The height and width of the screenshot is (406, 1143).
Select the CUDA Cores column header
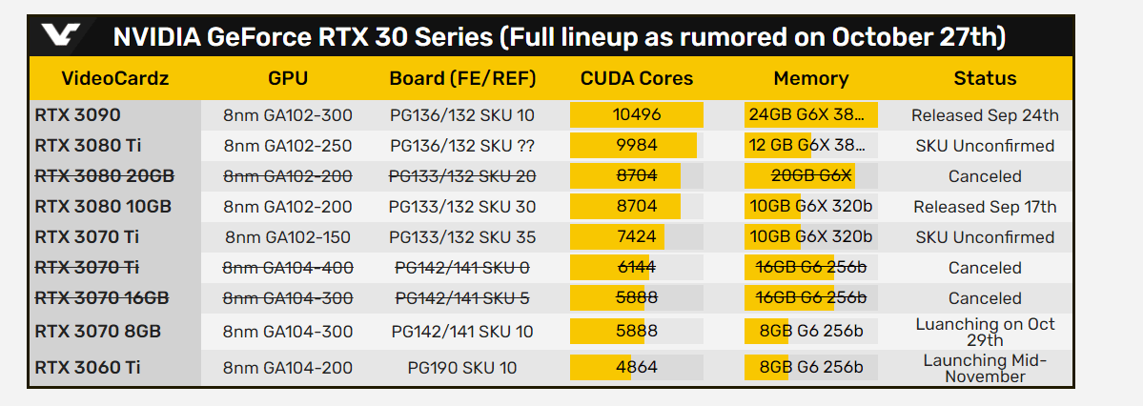[x=637, y=79]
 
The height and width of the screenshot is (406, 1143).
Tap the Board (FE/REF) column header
[x=462, y=79]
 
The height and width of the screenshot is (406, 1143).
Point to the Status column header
[x=985, y=79]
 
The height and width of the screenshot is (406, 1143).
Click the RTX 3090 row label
[x=77, y=115]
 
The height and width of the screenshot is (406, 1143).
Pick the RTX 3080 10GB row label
[x=103, y=207]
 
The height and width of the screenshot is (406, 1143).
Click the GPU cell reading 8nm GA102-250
[x=288, y=146]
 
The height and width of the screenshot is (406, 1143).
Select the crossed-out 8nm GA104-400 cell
[x=288, y=268]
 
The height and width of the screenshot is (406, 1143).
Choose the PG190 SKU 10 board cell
[x=462, y=367]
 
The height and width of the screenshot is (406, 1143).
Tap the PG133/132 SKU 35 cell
[x=462, y=237]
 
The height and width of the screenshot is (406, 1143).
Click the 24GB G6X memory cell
[x=810, y=115]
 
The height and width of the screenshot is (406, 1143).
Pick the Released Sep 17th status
[x=985, y=207]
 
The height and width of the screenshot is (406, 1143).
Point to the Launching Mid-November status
[x=985, y=368]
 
